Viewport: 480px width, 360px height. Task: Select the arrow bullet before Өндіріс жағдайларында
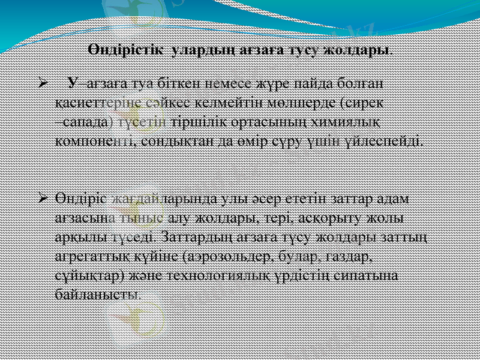click(42, 197)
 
